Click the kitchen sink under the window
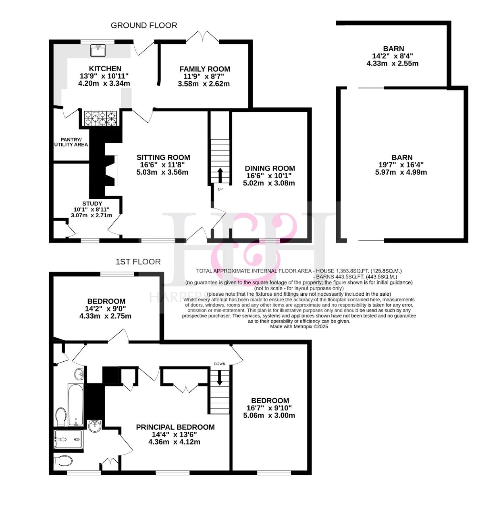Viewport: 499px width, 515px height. coord(98,50)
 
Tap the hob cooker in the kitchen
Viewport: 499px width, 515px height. coord(100,118)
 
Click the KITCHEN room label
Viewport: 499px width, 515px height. coord(105,68)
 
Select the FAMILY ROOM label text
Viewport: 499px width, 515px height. coord(205,69)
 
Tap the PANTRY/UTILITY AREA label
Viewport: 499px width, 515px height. coord(71,142)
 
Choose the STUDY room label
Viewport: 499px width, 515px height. coord(92,204)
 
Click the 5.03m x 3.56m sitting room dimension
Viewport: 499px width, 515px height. coord(162,172)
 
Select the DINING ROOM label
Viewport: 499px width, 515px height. coord(270,168)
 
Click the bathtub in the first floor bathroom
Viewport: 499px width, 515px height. coord(76,405)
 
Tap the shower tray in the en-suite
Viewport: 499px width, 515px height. coord(68,439)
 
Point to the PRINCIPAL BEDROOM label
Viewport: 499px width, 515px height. coord(175,427)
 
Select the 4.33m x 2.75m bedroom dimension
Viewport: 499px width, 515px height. coord(105,316)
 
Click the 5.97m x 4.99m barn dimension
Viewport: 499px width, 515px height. coord(401,172)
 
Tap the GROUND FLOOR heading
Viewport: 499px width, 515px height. coord(144,25)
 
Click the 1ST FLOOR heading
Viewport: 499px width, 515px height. coord(138,262)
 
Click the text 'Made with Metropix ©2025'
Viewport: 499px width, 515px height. coord(299,327)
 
